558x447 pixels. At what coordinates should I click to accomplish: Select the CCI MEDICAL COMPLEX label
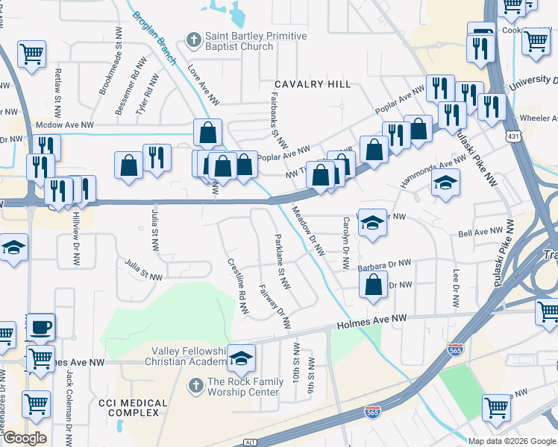[x=132, y=409]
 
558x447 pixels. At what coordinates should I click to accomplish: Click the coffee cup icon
[x=41, y=327]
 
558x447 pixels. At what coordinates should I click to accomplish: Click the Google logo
[x=24, y=438]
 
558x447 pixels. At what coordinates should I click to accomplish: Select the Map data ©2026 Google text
[x=511, y=440]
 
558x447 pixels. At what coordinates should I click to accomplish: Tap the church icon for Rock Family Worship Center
[x=195, y=386]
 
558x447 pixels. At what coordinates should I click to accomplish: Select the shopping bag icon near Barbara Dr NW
[x=372, y=285]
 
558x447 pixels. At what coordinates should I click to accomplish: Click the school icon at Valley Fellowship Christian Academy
[x=241, y=358]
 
